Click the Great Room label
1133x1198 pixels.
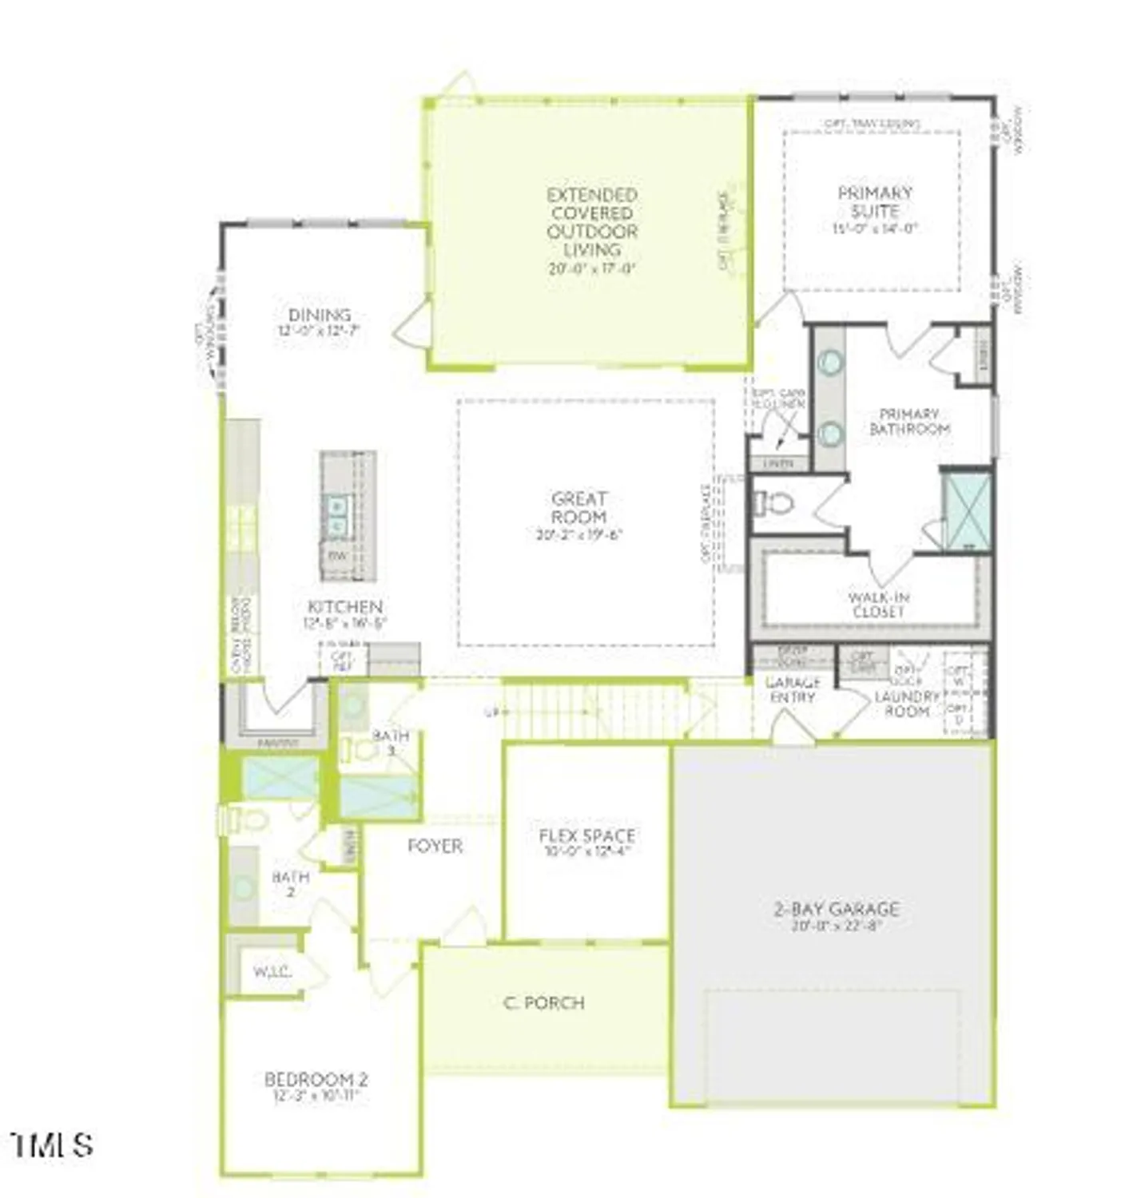tap(579, 508)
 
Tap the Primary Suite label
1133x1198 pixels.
tap(874, 202)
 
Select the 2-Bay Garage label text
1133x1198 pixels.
tap(837, 909)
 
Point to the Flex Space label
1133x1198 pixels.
tap(587, 836)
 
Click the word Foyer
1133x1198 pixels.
tap(435, 846)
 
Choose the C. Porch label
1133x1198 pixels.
tap(544, 1002)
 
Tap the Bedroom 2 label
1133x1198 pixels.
tap(316, 1079)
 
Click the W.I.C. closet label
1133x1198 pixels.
tap(272, 972)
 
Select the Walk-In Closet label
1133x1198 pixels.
tap(878, 605)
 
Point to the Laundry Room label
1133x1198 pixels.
tap(907, 704)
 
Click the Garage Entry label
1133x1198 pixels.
tap(793, 690)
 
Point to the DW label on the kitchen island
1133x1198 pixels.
tap(337, 555)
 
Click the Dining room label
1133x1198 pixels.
tap(320, 315)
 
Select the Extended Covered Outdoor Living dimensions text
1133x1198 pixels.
tap(592, 269)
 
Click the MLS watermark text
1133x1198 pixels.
tap(53, 1145)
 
